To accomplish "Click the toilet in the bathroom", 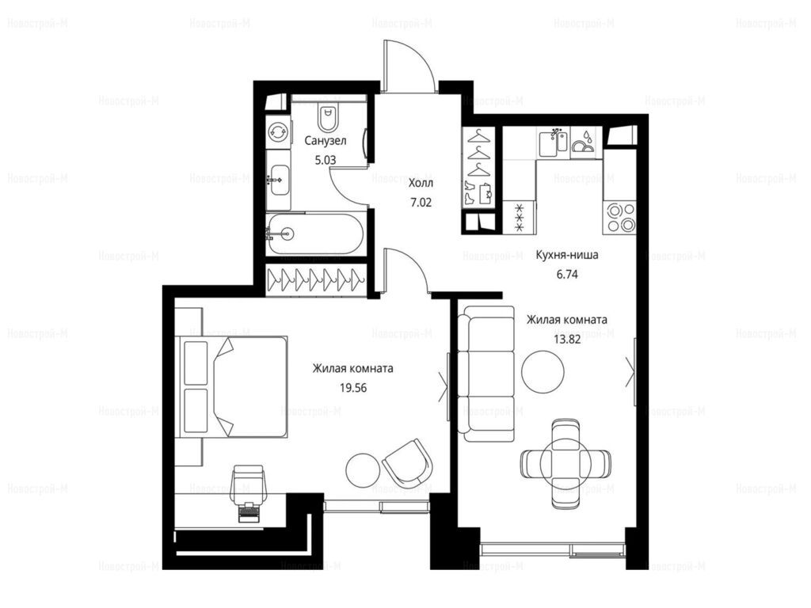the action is coord(328,117).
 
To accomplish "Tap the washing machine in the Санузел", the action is coord(278,132).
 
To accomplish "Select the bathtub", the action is coord(315,234).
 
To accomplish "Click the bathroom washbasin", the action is coord(279,180).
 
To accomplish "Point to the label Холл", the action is coord(421,184).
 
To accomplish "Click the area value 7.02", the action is coord(421,203).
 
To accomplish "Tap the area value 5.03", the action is coord(326,160).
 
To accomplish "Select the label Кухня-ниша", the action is coord(567,255).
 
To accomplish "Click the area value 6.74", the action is coord(567,275).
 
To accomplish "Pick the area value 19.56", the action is coord(353,388).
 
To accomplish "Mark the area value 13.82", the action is coord(567,340).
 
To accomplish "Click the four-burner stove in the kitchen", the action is coord(619,218).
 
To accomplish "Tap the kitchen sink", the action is coord(553,142).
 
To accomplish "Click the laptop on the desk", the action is coord(249,513).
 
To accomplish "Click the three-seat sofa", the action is coord(487,373).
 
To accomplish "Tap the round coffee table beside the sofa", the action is coord(543,370).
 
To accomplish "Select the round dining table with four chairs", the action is coord(565,463).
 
